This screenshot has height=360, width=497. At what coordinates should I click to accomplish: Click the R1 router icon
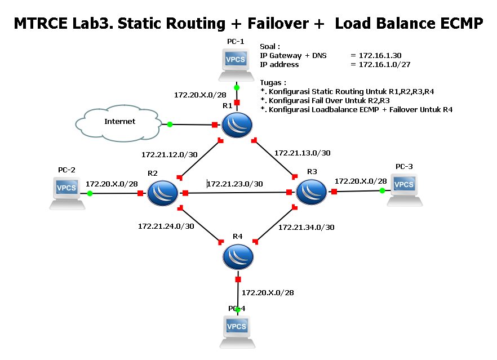237,125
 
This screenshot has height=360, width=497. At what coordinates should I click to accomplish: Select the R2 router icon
162,193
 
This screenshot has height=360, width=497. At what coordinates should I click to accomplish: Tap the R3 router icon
311,192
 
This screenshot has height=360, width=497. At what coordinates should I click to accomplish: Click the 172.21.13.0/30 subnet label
302,153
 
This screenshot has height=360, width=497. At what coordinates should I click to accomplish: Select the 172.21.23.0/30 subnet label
235,184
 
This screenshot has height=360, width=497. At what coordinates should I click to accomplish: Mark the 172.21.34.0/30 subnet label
306,227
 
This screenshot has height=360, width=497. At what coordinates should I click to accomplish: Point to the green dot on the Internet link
169,125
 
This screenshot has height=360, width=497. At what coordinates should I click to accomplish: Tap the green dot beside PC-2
90,193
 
